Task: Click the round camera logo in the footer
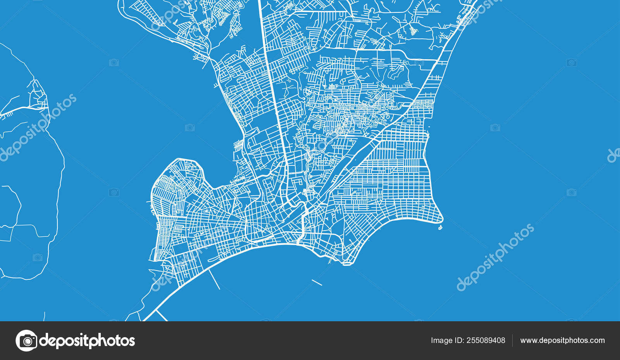point(26,341)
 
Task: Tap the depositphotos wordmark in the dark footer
point(87,341)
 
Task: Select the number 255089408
point(486,341)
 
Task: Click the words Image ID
point(447,341)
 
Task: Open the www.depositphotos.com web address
point(562,341)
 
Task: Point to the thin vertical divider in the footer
point(513,341)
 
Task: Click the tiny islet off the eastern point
point(440,227)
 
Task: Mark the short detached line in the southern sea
point(317,282)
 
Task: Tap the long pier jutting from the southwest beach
point(214,279)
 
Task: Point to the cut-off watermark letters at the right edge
point(614,155)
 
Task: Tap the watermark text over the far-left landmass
point(37,128)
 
